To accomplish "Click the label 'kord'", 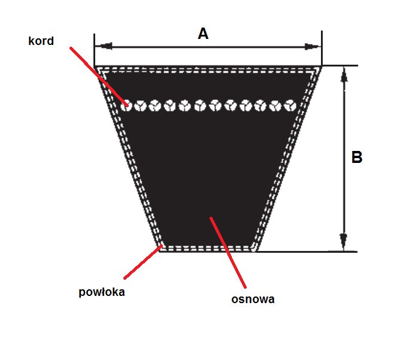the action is (x=41, y=41).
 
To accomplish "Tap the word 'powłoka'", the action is (x=102, y=292).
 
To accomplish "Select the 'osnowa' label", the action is (x=253, y=299).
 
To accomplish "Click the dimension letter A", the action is (x=203, y=34).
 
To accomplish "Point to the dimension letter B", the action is (x=357, y=157).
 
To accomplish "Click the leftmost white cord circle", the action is (x=126, y=105).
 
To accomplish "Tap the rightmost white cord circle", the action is (x=290, y=105).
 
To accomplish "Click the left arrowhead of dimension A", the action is (x=104, y=46).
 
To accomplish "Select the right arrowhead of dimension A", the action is (x=313, y=47).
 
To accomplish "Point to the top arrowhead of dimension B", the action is (x=344, y=74).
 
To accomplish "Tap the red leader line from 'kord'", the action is (x=99, y=77).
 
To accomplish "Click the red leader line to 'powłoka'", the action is (x=143, y=262).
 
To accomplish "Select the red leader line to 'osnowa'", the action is (x=228, y=253).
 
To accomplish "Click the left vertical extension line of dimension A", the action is (x=94, y=50).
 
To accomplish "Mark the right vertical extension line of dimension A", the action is (x=322, y=49).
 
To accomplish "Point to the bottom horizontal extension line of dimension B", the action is (x=307, y=252).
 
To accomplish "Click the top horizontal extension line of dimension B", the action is (x=340, y=65).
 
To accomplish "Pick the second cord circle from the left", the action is (x=140, y=105).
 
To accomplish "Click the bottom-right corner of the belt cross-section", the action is (x=256, y=252).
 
